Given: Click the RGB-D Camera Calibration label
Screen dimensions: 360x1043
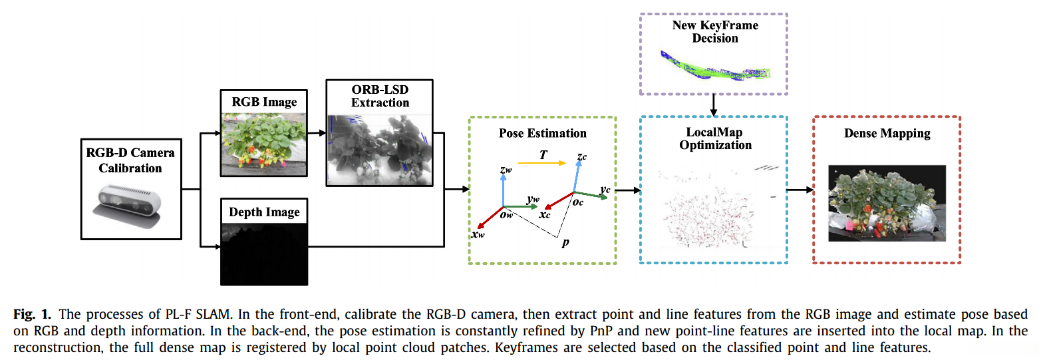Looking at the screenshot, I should click(130, 160).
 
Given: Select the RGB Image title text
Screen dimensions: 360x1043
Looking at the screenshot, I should click(264, 102).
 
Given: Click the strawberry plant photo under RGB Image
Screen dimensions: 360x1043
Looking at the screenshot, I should click(264, 141).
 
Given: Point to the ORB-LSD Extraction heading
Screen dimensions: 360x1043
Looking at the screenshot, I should click(380, 95).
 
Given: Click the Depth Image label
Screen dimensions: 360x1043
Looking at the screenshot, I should click(264, 212).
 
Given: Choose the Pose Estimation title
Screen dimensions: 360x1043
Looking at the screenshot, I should click(543, 133).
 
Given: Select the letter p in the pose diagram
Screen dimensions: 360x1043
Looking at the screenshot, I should click(565, 243).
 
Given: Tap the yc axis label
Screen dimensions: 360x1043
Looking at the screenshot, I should click(605, 190).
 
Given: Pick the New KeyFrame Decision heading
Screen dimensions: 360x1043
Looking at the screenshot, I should click(715, 32).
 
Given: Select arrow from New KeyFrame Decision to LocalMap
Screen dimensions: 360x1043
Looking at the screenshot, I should click(713, 104).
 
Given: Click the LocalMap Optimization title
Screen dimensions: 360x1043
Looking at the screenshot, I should click(715, 139).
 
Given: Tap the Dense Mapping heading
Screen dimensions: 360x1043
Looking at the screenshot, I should click(887, 133).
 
